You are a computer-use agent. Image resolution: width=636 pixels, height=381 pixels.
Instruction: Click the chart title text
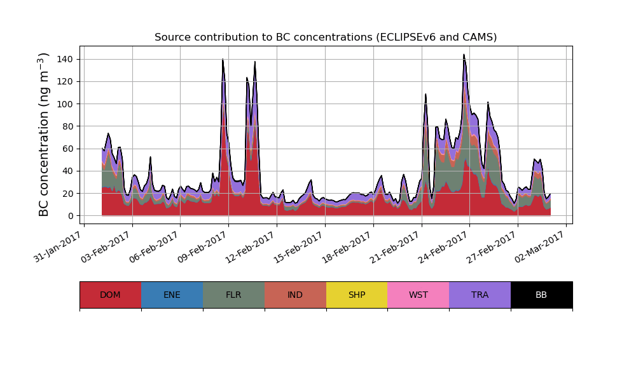326,37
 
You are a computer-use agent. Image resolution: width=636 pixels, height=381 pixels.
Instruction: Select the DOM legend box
110,295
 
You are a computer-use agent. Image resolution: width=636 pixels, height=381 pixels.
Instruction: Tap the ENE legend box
172,295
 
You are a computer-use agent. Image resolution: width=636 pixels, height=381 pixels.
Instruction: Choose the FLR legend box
233,295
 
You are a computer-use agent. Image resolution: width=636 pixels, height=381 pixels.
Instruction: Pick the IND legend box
295,295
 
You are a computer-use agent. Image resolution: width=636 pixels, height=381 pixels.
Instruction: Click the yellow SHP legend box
357,295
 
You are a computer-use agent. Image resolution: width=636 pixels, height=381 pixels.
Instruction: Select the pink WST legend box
418,295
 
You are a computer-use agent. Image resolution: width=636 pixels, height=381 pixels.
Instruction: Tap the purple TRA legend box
480,295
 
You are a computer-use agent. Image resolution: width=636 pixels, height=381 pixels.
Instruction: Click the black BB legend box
541,295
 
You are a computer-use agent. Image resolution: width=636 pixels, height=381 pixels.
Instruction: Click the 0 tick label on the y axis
71,216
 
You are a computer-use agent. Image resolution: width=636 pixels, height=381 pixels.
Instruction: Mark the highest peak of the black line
464,55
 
